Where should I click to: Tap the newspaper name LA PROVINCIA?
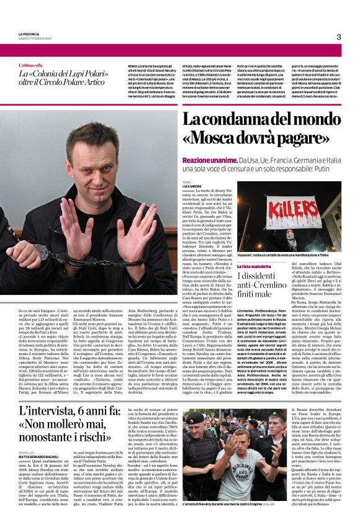[30, 34]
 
